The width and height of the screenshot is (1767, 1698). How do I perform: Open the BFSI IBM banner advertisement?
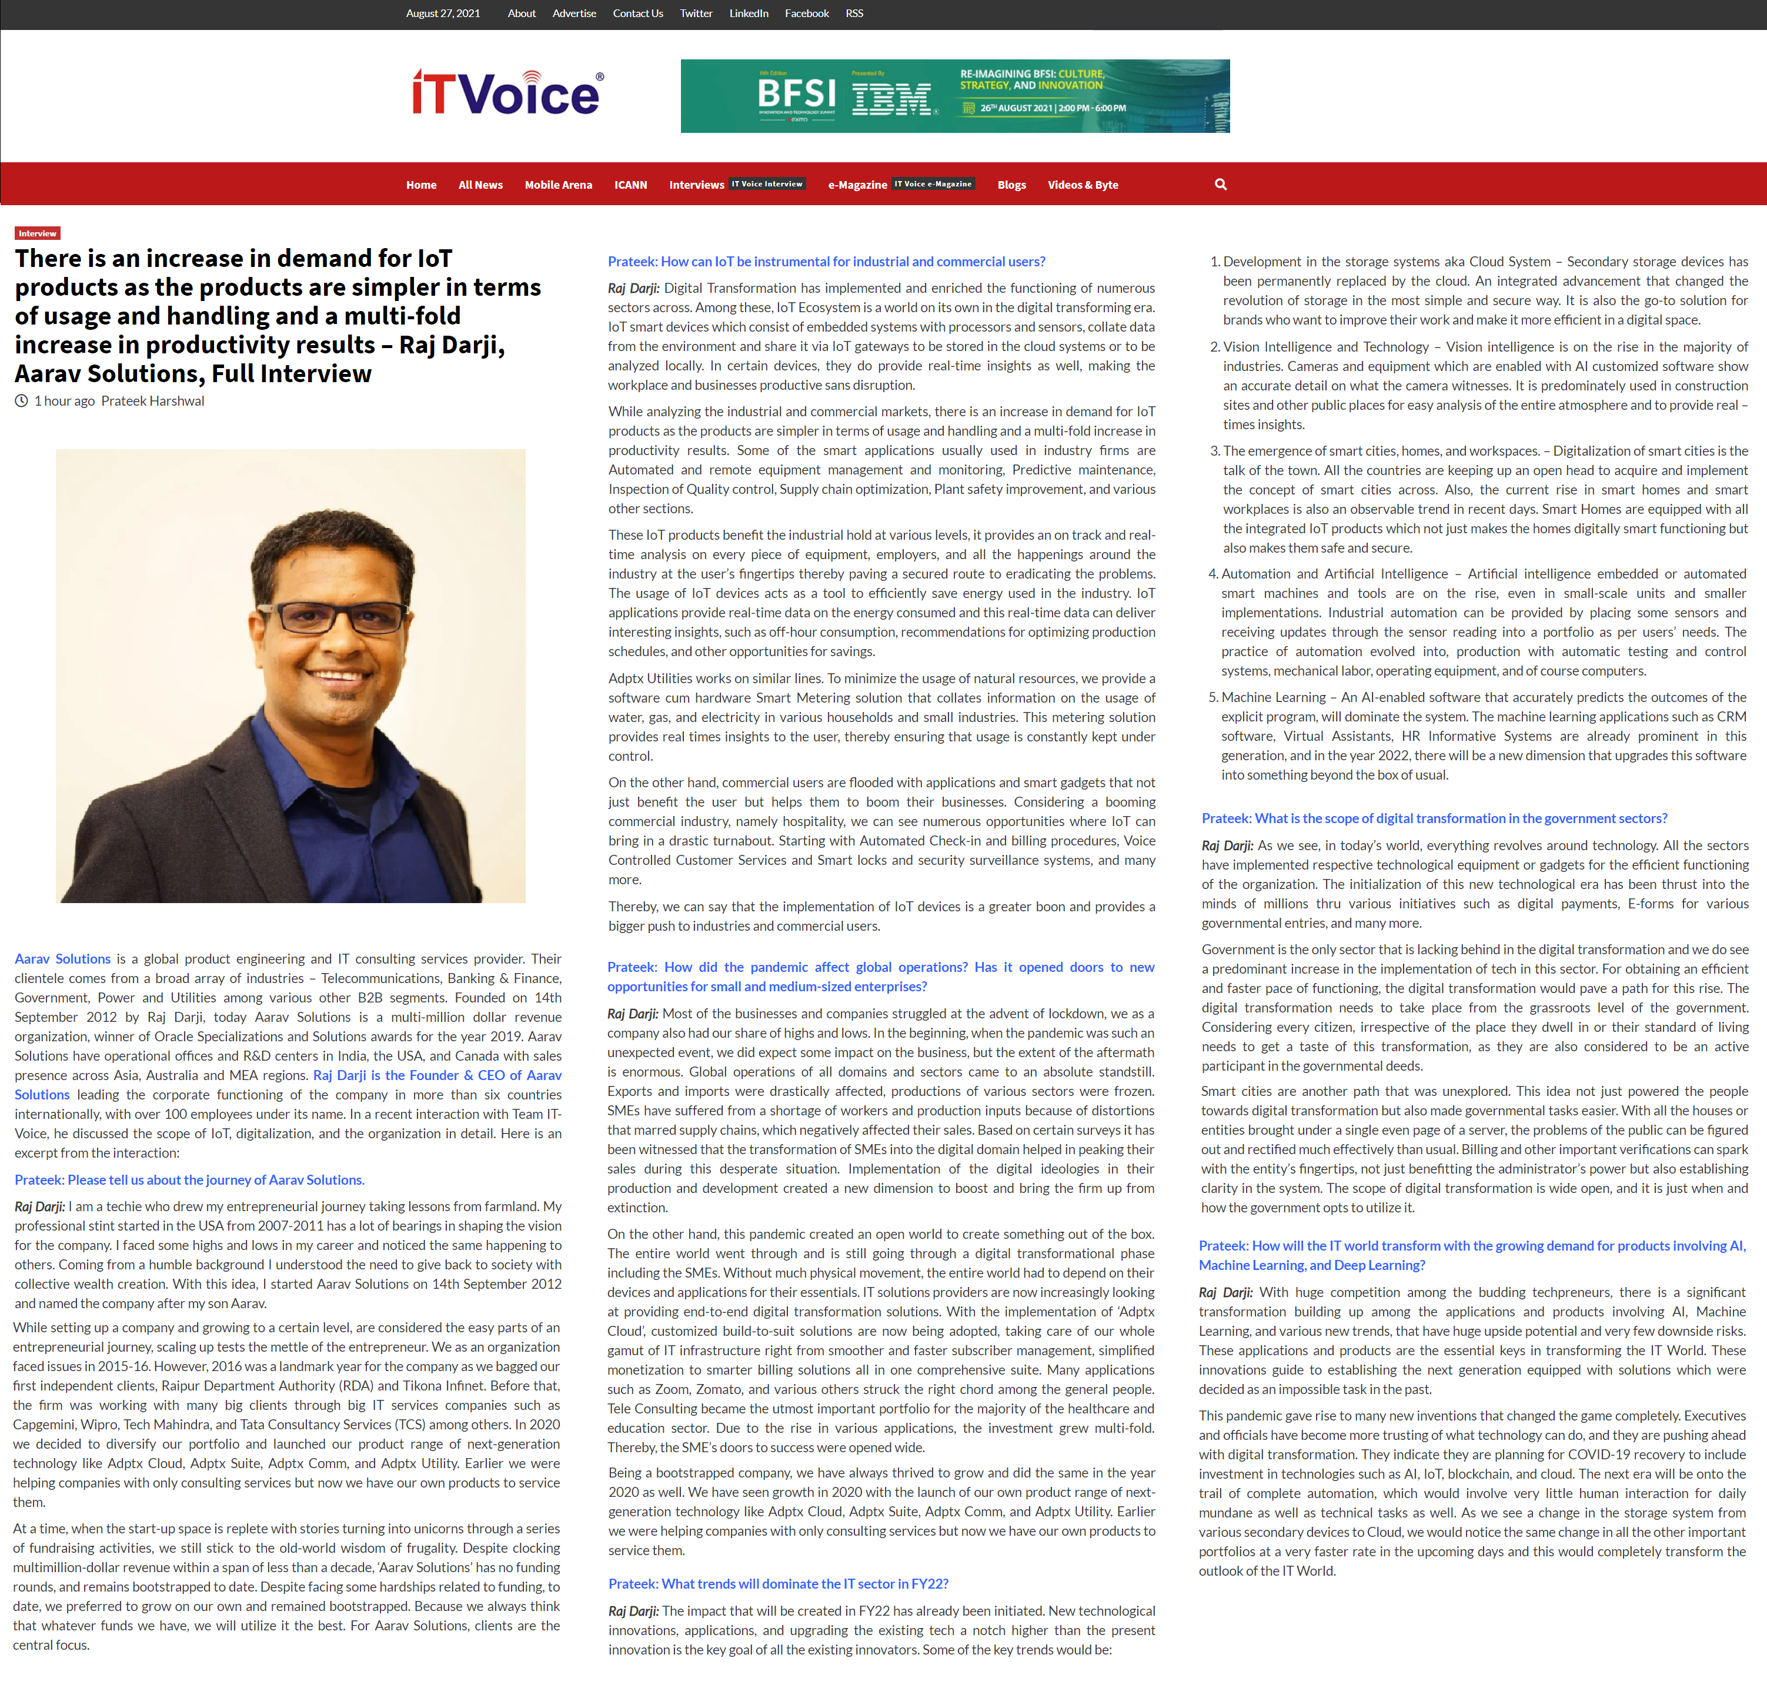click(955, 96)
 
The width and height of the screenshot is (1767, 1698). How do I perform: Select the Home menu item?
click(421, 185)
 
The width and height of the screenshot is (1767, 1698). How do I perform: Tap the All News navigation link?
click(480, 185)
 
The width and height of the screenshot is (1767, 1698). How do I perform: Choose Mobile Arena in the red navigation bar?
click(558, 185)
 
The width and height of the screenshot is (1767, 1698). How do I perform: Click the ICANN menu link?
click(630, 185)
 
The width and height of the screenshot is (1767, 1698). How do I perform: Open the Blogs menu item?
click(1011, 185)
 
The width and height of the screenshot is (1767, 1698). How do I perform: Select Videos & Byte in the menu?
click(1082, 185)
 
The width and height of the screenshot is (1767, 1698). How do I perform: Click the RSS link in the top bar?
click(854, 14)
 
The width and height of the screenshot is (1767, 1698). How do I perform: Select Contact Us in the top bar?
click(637, 14)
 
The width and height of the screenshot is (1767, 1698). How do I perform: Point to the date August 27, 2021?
click(443, 14)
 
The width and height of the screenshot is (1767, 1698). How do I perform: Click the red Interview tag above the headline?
click(38, 233)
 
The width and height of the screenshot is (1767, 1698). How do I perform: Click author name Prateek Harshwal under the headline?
click(152, 401)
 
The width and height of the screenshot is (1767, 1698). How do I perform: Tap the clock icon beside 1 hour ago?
click(22, 401)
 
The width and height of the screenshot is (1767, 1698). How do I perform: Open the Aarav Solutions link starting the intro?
click(62, 959)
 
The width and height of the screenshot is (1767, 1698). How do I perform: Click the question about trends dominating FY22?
click(778, 1583)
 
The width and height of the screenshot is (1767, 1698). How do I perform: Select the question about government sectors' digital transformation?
click(1434, 818)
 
